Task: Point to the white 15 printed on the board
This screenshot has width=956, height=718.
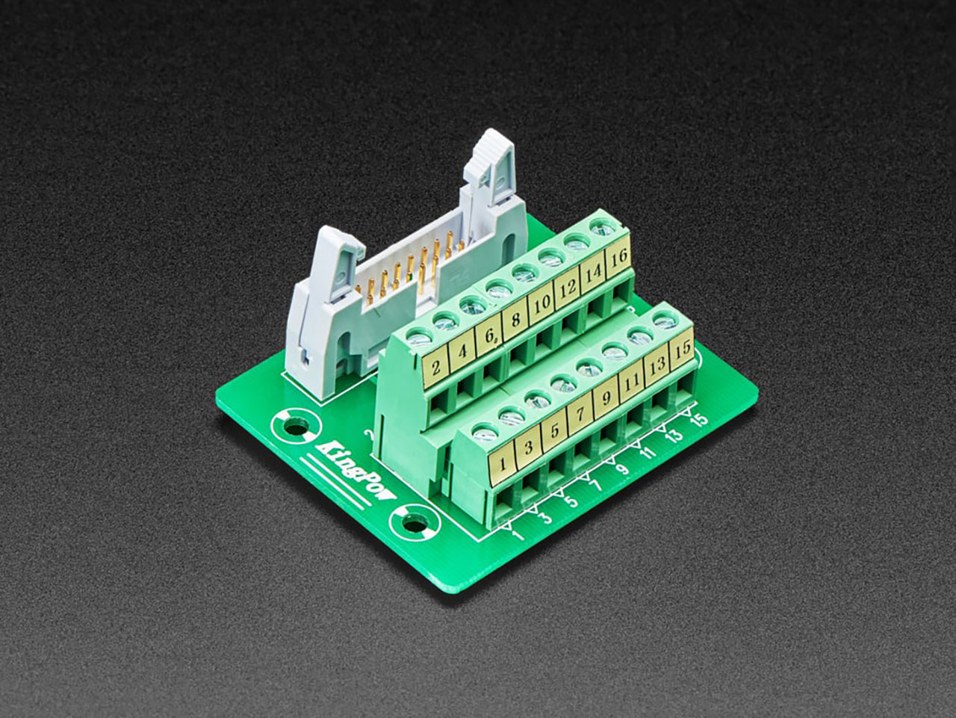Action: tap(699, 420)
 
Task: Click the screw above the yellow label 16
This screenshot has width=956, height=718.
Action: tap(599, 226)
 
